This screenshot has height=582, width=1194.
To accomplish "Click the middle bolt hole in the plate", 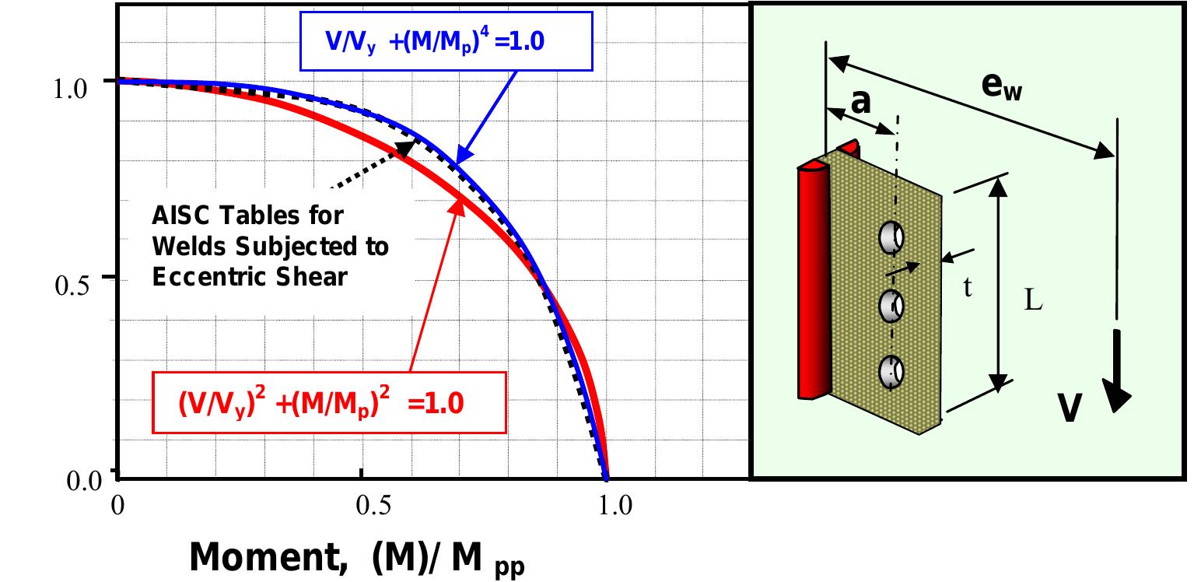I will point(891,306).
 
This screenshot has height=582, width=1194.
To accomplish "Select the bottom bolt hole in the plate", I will point(891,372).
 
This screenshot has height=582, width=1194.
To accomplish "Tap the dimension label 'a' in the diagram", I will point(861,102).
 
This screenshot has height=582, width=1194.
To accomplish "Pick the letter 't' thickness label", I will point(968,287).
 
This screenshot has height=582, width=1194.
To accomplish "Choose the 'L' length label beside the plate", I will point(1031,301).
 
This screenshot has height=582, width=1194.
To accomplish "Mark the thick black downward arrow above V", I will point(1117,370).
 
